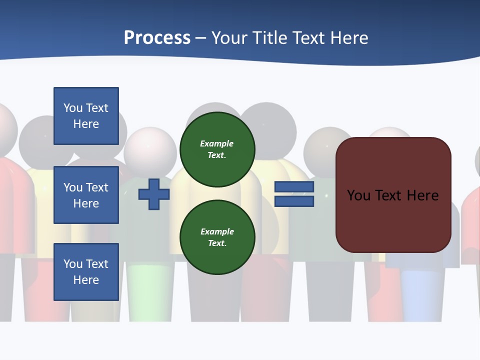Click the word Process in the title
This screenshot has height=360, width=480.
pos(157,38)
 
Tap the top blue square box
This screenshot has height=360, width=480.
pos(86,116)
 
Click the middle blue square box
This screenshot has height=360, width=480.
pos(86,195)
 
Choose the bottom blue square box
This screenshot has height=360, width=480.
pos(86,272)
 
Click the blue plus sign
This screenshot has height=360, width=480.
pos(154,194)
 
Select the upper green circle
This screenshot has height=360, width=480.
pos(217,149)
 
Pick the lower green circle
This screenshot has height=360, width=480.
pos(217,237)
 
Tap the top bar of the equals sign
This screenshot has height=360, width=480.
pos(294,187)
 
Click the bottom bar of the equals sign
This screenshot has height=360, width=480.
pos(294,201)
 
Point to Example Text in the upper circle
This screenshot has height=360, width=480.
pos(217,149)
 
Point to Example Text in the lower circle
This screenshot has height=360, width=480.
pos(217,237)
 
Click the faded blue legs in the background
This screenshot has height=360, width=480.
pos(422,295)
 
